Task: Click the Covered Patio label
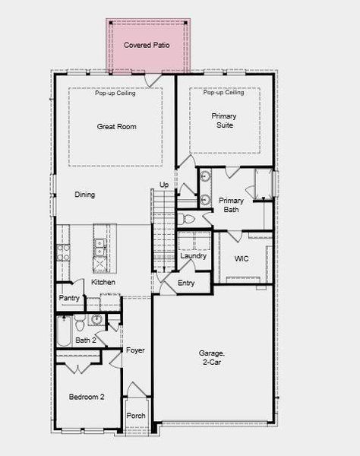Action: (x=147, y=46)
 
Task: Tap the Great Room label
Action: (x=117, y=127)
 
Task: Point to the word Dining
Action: (x=85, y=195)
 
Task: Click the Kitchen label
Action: (x=103, y=282)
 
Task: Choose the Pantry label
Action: (x=69, y=299)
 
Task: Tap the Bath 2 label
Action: (x=86, y=340)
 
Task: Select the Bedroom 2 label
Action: (x=87, y=397)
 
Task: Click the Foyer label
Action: (x=135, y=350)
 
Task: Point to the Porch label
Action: (x=136, y=416)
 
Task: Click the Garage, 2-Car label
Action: (x=212, y=358)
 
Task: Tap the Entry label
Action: (x=186, y=283)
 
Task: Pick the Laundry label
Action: (x=194, y=256)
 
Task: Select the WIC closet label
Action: (x=242, y=259)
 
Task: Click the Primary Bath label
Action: (x=231, y=205)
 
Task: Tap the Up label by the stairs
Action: (x=164, y=185)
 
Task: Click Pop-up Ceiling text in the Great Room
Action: (x=116, y=93)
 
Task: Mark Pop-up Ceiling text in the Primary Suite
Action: (x=223, y=93)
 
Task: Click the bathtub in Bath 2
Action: (x=64, y=333)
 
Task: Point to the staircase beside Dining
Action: (x=163, y=228)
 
